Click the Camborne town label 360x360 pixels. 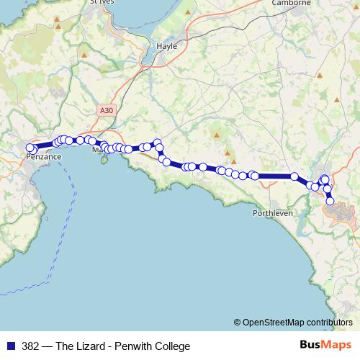coord(290,3)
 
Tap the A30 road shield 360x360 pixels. coord(107,109)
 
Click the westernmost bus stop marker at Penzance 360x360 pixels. coord(30,149)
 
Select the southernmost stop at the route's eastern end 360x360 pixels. coord(330,201)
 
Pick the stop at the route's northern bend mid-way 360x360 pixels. coord(157,143)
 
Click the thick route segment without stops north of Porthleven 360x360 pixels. coord(274,176)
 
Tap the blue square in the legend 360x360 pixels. coord(10,346)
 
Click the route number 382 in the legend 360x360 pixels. coord(32,346)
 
